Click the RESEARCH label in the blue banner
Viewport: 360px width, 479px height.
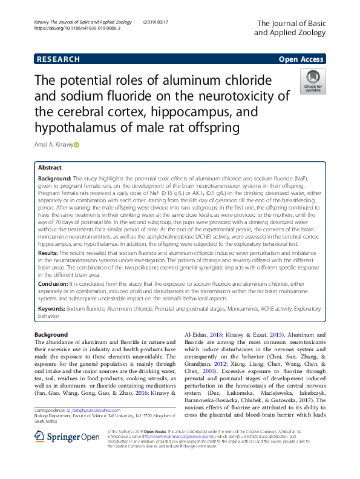pyautogui.click(x=59, y=59)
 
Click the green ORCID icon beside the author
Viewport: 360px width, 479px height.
pyautogui.click(x=77, y=145)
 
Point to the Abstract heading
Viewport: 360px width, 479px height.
pyautogui.click(x=50, y=167)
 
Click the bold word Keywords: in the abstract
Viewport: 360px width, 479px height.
pyautogui.click(x=52, y=308)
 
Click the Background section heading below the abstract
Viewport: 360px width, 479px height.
pyautogui.click(x=51, y=335)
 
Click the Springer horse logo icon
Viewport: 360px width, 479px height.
pyautogui.click(x=42, y=454)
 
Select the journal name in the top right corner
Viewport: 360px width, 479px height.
pyautogui.click(x=290, y=27)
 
